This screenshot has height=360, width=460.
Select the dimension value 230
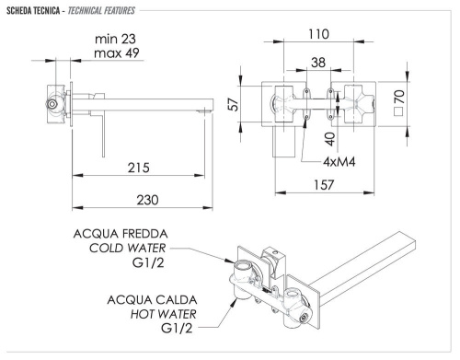(x=140, y=200)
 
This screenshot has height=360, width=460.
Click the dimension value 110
(x=319, y=34)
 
